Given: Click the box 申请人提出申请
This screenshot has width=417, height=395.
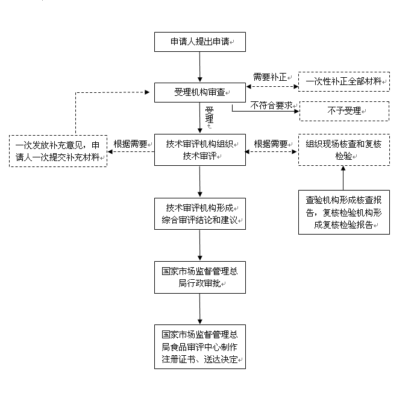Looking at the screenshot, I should tap(199, 42).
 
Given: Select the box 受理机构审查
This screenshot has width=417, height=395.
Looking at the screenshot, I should tap(199, 92).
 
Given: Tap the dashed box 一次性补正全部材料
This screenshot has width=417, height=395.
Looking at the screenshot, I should tap(343, 81).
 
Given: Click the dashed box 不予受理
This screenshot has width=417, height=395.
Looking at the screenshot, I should tap(343, 111).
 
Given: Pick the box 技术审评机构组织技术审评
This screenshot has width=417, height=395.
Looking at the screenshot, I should tap(199, 150).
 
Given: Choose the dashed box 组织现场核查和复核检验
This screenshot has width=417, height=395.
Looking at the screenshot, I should tap(343, 150).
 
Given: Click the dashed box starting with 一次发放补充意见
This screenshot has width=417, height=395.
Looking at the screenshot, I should tap(58, 151).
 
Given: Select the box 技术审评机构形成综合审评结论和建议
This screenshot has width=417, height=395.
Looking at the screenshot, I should tap(199, 213).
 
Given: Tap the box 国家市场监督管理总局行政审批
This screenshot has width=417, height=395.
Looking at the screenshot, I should tap(199, 277).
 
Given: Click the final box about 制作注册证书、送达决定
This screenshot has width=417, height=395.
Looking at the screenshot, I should tap(199, 347).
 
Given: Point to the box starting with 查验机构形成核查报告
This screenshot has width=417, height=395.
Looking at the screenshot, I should tap(343, 212).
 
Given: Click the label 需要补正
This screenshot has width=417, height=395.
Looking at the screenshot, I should tap(269, 77).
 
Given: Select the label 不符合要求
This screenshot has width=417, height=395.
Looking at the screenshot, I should tap(271, 104).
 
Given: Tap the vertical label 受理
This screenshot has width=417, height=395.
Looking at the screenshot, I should tap(209, 116).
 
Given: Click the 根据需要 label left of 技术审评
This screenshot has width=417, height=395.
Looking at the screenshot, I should tap(131, 144).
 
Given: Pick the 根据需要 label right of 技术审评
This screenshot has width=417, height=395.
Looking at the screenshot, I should tap(271, 144).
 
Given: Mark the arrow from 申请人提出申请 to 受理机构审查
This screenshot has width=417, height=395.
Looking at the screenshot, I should tap(199, 68).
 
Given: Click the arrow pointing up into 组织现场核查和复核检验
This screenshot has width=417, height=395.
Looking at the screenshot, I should tap(343, 178).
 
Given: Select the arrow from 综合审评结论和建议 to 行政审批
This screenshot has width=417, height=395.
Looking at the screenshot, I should tap(199, 245).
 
